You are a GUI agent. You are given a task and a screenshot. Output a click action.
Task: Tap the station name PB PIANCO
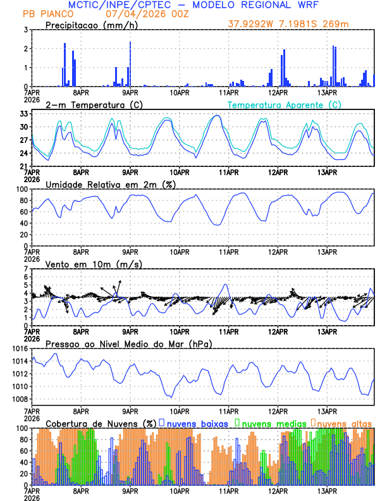pos(48,13)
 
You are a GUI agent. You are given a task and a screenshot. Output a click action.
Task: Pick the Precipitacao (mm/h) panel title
pos(91,25)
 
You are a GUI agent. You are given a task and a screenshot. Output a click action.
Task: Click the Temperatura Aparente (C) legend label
pos(284,104)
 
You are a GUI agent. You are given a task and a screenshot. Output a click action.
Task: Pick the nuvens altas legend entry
pos(343,423)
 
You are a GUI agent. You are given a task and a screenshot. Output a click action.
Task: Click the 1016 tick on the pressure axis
pos(18,349)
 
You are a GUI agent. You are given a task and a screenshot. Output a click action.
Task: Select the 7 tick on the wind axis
pos(26,269)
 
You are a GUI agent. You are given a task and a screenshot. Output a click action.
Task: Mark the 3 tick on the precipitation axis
pos(26,30)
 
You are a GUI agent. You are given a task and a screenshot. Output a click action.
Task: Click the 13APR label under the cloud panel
pos(326,490)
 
